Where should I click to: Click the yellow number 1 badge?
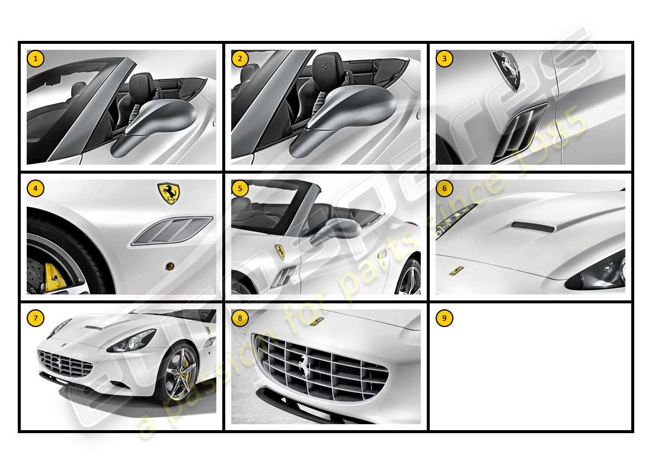(x=36, y=58)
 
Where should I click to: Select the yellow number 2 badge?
(x=239, y=58)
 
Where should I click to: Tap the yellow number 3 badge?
(x=444, y=58)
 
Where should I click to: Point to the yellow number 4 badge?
(x=36, y=188)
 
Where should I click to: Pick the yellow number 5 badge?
(x=239, y=188)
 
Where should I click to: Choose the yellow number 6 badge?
(x=444, y=188)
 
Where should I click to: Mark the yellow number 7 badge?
(x=36, y=318)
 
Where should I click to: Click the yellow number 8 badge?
(x=239, y=318)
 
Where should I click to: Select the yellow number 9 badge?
(x=444, y=318)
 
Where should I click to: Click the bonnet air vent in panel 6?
(x=533, y=227)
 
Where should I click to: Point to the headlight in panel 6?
(x=599, y=274)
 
